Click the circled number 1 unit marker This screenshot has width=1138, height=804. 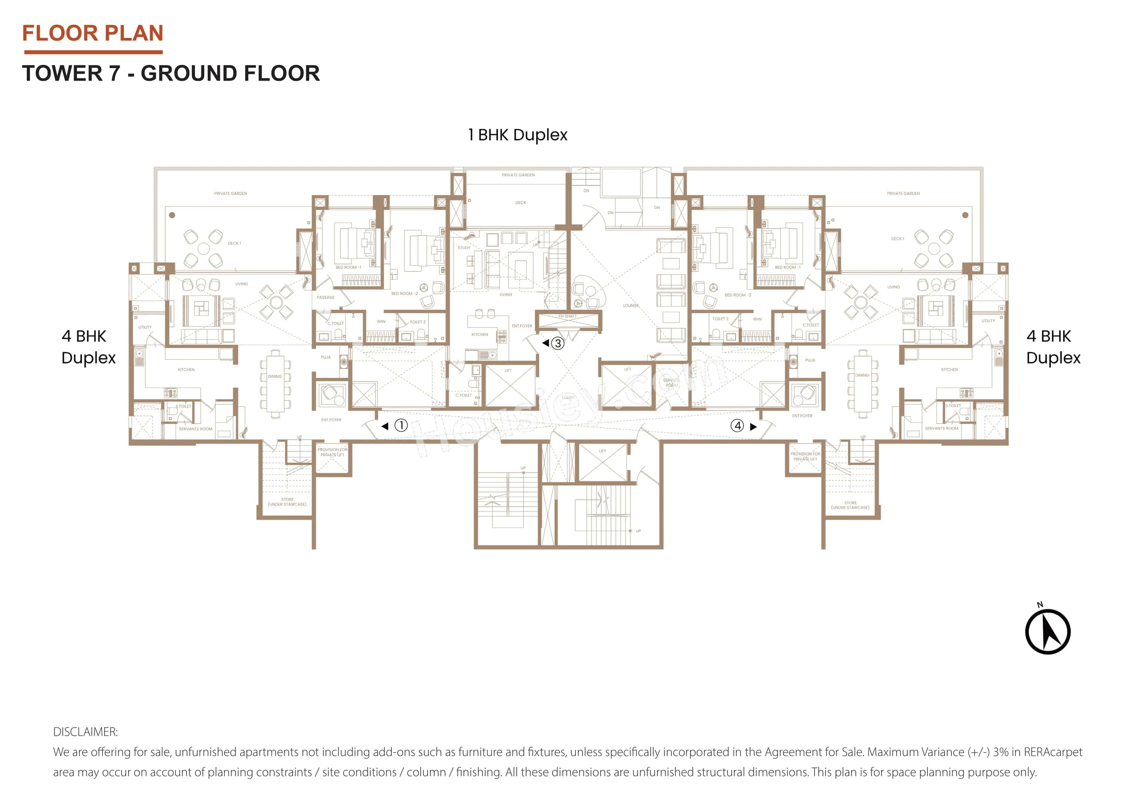401,425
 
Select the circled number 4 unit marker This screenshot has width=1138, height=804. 738,426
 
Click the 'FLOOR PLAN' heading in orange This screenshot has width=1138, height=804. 93,33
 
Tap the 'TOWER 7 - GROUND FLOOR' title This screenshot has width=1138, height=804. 171,73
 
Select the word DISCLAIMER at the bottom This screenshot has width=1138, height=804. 85,732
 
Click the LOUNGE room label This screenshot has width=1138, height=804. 631,306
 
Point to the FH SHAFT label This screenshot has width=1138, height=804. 568,316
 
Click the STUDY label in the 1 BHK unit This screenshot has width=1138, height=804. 464,248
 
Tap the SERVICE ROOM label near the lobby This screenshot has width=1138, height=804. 671,383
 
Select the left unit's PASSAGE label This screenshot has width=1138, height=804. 326,297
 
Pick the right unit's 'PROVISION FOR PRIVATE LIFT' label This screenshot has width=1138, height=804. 805,456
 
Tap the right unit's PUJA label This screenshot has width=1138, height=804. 810,360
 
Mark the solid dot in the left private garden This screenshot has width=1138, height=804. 172,215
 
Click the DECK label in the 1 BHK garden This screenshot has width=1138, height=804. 520,202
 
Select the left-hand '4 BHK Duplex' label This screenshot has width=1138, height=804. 88,347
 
